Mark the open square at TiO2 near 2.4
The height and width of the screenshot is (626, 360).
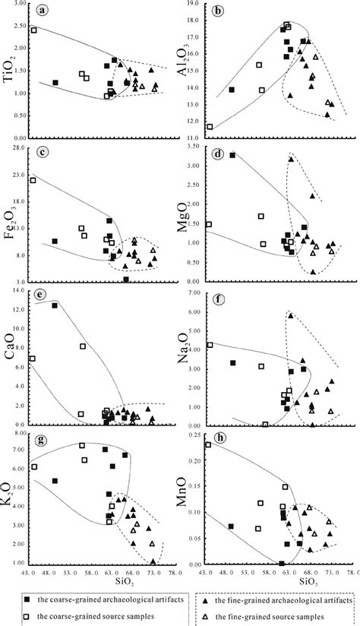coord(33,30)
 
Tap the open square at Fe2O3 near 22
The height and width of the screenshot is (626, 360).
coord(33,180)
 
